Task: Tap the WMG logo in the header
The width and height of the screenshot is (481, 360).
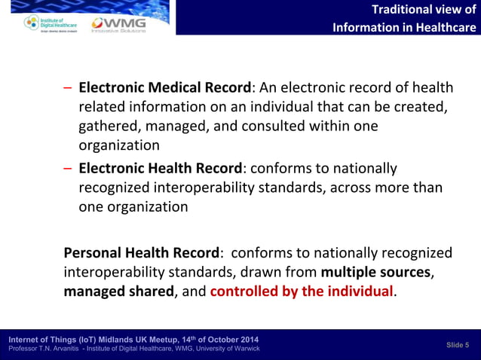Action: pos(118,25)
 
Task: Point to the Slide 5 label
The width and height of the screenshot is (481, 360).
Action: pos(457,344)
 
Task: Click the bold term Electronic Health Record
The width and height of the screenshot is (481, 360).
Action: pos(161,168)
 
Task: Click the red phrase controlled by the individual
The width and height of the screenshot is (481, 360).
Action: pos(302,291)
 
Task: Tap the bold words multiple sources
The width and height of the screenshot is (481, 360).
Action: pos(375,271)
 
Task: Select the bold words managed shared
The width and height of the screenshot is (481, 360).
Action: pos(118,291)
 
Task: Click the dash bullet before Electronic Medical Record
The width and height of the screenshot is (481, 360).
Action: pos(68,87)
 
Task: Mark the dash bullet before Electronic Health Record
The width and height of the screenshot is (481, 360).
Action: pos(68,168)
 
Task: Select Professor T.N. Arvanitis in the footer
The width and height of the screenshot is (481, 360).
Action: pos(43,349)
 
